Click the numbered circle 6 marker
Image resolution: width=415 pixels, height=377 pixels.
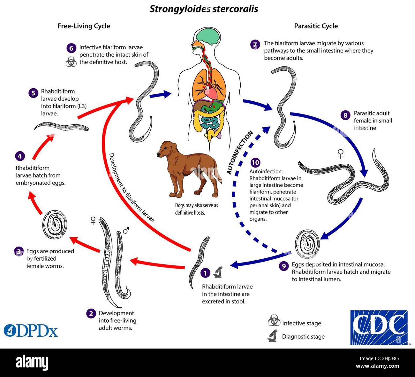pyautogui.click(x=71, y=48)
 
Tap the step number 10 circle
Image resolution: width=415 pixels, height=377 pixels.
pyautogui.click(x=255, y=163)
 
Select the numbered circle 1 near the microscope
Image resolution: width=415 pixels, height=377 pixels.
pyautogui.click(x=206, y=273)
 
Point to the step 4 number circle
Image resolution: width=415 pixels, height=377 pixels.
pyautogui.click(x=20, y=156)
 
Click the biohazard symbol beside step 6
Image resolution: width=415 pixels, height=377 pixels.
pyautogui.click(x=71, y=62)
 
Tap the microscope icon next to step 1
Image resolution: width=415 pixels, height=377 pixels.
pyautogui.click(x=218, y=272)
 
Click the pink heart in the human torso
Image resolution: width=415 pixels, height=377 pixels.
pyautogui.click(x=211, y=93)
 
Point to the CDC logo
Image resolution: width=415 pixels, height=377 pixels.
pyautogui.click(x=379, y=327)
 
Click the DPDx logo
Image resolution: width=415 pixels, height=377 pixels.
pyautogui.click(x=31, y=331)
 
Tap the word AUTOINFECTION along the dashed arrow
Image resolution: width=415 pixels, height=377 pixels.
pyautogui.click(x=240, y=153)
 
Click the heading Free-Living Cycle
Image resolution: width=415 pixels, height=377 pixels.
pyautogui.click(x=84, y=26)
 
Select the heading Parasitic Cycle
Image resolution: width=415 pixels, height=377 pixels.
pyautogui.click(x=316, y=26)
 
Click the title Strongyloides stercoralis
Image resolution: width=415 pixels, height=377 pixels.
pyautogui.click(x=204, y=9)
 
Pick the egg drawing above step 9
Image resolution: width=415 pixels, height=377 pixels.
pyautogui.click(x=307, y=244)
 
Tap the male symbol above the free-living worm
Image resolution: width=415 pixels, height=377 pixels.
pyautogui.click(x=126, y=230)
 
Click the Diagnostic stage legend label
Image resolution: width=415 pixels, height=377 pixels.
pyautogui.click(x=303, y=336)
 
